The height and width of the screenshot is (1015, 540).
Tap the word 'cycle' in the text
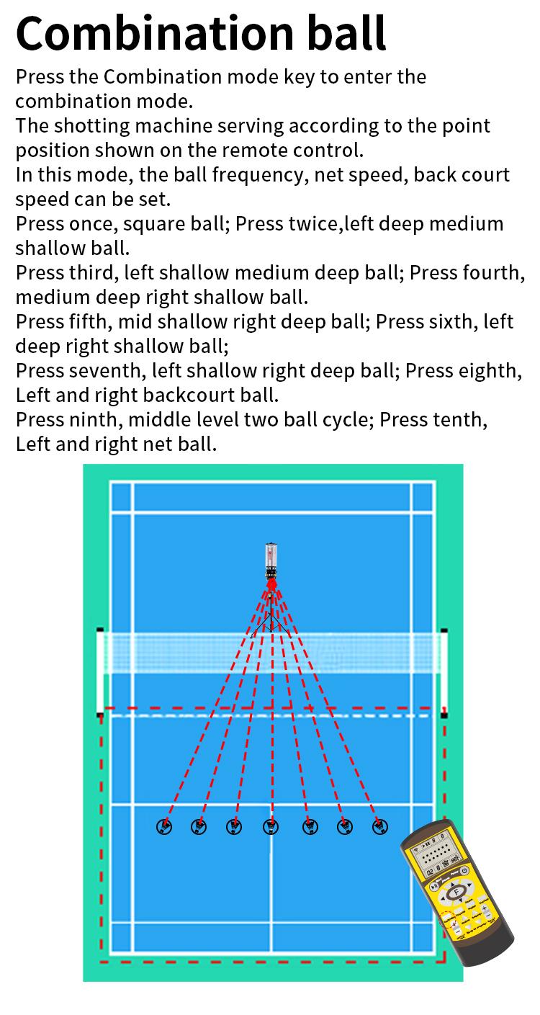click(341, 419)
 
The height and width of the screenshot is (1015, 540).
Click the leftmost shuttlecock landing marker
click(164, 827)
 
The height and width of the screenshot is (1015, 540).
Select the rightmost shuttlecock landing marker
click(380, 827)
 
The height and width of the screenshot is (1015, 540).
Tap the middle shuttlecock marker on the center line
click(271, 827)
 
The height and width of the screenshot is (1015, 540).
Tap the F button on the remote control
click(456, 894)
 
